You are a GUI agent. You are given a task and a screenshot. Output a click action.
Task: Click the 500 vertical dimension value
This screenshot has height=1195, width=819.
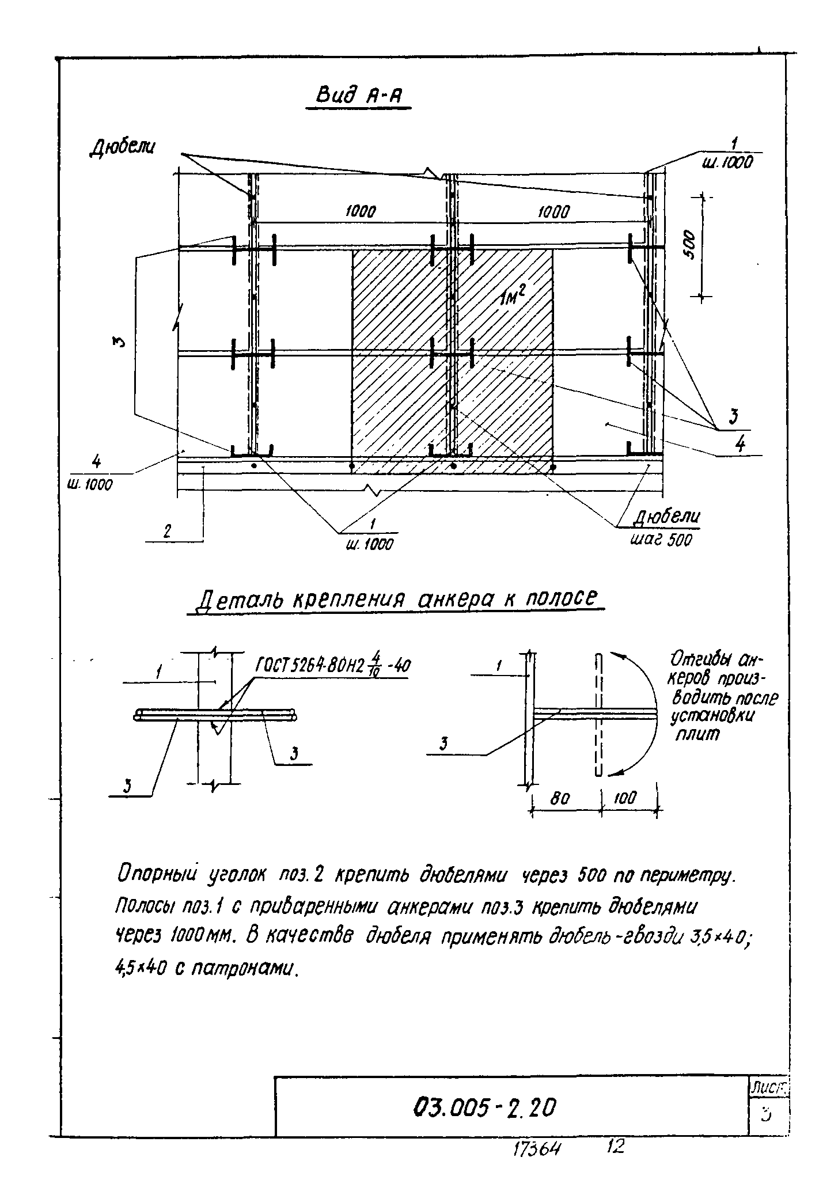pyautogui.click(x=691, y=244)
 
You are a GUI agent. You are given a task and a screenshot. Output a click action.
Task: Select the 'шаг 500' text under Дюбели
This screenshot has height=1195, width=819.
pyautogui.click(x=662, y=540)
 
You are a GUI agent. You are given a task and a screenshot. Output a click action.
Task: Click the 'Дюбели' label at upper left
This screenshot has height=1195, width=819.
pyautogui.click(x=122, y=147)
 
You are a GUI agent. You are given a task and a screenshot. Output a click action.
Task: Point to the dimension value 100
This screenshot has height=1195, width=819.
pyautogui.click(x=625, y=798)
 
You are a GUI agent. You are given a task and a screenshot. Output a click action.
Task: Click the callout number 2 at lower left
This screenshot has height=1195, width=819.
pyautogui.click(x=167, y=532)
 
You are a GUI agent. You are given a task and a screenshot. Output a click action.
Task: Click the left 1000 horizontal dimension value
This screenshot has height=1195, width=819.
pyautogui.click(x=361, y=213)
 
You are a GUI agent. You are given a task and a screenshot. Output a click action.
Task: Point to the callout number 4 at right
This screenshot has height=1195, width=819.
pyautogui.click(x=741, y=443)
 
